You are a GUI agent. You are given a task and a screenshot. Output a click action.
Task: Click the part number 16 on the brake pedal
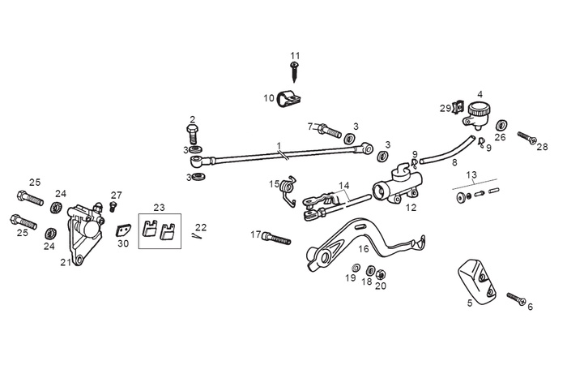364,249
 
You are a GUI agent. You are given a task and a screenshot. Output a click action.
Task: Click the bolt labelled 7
326,130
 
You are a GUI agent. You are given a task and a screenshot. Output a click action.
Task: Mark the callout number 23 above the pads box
159,207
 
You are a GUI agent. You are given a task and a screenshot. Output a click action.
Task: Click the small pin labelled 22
198,236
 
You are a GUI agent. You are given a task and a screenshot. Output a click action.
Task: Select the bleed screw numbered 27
113,207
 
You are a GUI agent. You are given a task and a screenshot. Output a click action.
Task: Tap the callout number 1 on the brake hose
278,147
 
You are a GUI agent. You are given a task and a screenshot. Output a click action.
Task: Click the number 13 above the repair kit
471,174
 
